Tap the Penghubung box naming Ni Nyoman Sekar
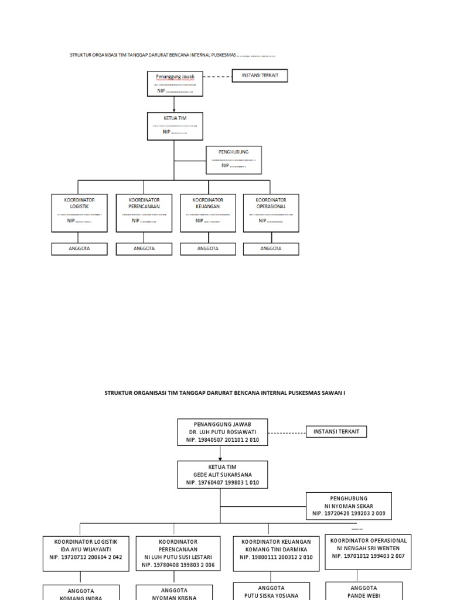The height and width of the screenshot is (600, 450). click(349, 506)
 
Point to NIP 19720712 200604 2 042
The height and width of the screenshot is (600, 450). click(86, 557)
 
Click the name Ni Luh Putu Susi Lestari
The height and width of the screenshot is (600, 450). click(178, 557)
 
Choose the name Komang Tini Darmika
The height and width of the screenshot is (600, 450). click(276, 550)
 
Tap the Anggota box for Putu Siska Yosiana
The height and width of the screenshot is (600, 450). click(271, 591)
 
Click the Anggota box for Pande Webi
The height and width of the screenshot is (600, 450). click(364, 591)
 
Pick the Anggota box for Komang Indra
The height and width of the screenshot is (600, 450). click(81, 592)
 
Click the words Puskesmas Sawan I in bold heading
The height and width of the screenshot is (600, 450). click(317, 393)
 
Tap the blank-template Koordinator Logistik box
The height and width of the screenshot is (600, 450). click(79, 213)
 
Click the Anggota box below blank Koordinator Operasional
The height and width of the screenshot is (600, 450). click(271, 248)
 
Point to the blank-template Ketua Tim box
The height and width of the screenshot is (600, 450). click(174, 126)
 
